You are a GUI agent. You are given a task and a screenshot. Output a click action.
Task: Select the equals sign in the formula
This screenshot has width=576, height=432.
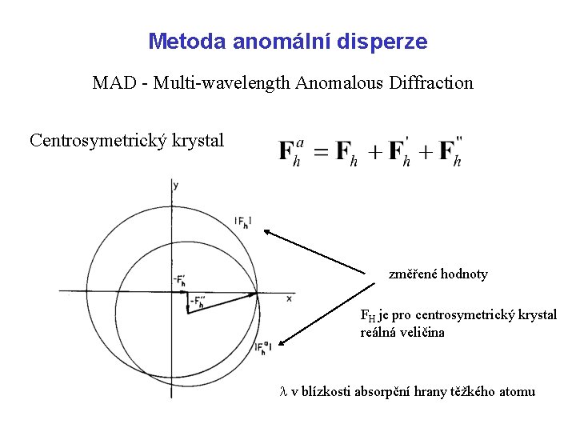[x=319, y=152]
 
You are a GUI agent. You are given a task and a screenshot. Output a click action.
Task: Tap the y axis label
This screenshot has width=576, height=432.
[x=175, y=186]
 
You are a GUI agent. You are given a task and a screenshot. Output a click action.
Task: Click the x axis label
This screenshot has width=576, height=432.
[x=289, y=298]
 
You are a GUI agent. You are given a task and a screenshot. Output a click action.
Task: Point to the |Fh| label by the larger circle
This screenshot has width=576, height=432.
[x=243, y=222]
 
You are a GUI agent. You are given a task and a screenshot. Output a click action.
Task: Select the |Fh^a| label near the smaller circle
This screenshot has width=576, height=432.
[x=263, y=346]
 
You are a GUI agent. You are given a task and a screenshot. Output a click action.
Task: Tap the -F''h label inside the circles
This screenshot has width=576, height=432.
[x=198, y=302]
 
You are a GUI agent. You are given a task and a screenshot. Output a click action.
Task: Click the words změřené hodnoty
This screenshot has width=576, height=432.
[x=438, y=274]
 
